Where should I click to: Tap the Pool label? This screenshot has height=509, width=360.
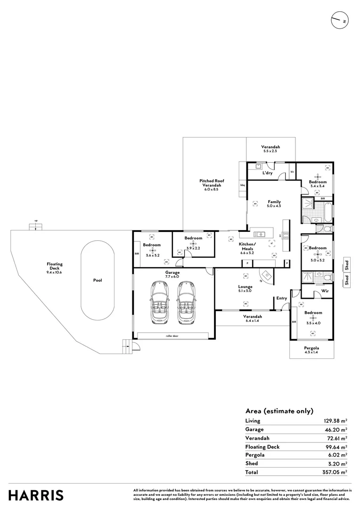point(98,280)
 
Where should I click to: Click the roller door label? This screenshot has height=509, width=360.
point(172,336)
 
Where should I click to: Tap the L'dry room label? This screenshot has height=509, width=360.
point(267,173)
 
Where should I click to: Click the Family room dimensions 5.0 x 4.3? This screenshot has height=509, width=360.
point(274,206)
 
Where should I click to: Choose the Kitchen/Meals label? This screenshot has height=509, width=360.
point(247,246)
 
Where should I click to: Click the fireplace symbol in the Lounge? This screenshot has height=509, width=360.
point(266,275)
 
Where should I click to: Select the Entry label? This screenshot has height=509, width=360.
point(281,298)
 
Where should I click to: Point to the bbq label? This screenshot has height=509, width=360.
point(243,185)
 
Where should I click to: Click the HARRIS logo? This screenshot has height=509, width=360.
point(36,495)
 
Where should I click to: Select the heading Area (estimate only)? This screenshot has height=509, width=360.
point(279,410)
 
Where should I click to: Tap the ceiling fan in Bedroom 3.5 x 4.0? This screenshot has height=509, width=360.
point(313,319)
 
